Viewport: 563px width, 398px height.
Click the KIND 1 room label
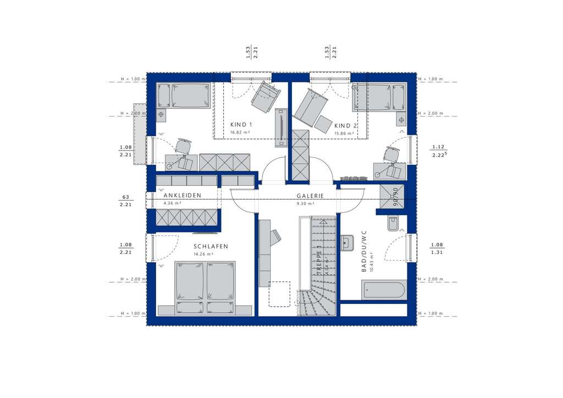(x=241, y=125)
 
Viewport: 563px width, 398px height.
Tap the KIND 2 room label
(x=346, y=125)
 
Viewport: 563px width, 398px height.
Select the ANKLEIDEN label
(x=182, y=196)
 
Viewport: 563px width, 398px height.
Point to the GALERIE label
(x=310, y=196)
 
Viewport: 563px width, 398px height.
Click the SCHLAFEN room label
(x=210, y=247)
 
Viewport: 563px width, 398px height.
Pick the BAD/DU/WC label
(x=364, y=252)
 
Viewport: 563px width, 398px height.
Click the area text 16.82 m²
(x=241, y=132)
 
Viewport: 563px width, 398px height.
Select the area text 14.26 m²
(x=204, y=255)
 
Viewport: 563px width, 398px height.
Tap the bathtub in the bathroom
(x=384, y=290)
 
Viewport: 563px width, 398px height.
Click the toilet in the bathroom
(x=393, y=223)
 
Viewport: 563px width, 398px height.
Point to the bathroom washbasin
(x=347, y=242)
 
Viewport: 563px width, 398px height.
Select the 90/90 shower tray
(x=393, y=196)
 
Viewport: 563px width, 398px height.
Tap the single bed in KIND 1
(x=184, y=96)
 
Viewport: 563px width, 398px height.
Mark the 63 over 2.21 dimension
(x=125, y=200)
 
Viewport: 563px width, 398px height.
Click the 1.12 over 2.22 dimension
(x=438, y=151)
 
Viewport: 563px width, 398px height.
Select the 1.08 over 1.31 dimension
(x=437, y=248)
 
